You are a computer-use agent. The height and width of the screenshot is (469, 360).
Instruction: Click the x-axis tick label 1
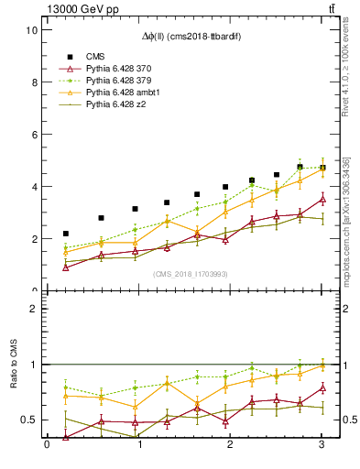coord(139,445)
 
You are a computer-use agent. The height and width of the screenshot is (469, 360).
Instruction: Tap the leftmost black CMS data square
coord(65,234)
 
